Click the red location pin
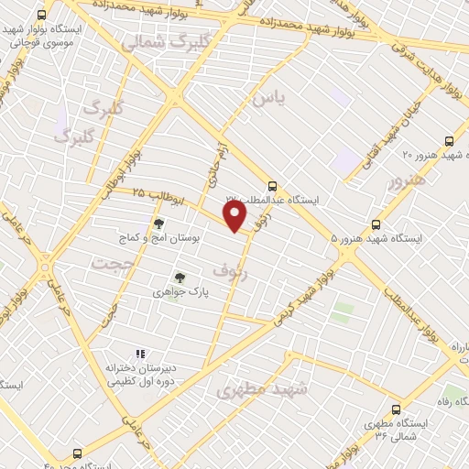point(235,216)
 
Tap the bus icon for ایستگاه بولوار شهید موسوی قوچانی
point(42,16)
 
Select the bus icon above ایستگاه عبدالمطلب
point(271,184)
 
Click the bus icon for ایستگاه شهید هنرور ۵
point(376,224)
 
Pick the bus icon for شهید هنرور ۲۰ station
point(448,140)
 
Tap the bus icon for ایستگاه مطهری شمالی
point(396,409)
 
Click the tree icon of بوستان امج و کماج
point(158,224)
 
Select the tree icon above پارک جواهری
point(180,278)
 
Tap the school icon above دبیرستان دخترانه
point(140,354)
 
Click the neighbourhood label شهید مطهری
point(264,389)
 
